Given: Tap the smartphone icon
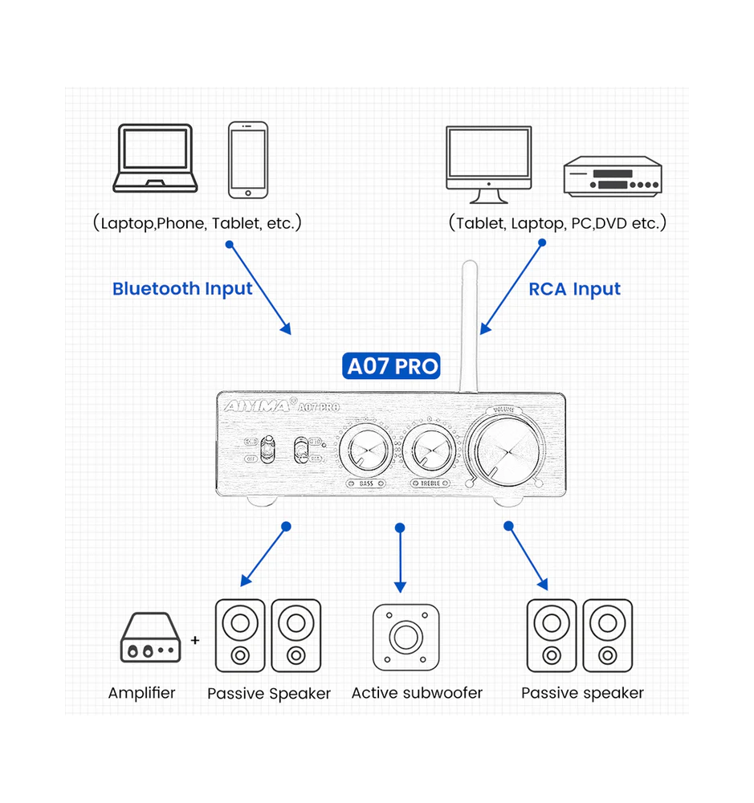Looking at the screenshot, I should coord(247,160).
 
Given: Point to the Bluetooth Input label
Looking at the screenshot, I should coord(182,289).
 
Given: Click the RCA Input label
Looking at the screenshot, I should coord(574,289).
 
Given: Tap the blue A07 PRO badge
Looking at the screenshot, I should coord(393,366).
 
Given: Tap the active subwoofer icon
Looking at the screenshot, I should coord(406,637).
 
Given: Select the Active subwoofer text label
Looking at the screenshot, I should coord(417,692).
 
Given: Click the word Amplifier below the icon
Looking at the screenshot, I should coord(141,692).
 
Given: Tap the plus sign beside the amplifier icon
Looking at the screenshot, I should coord(195,641).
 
